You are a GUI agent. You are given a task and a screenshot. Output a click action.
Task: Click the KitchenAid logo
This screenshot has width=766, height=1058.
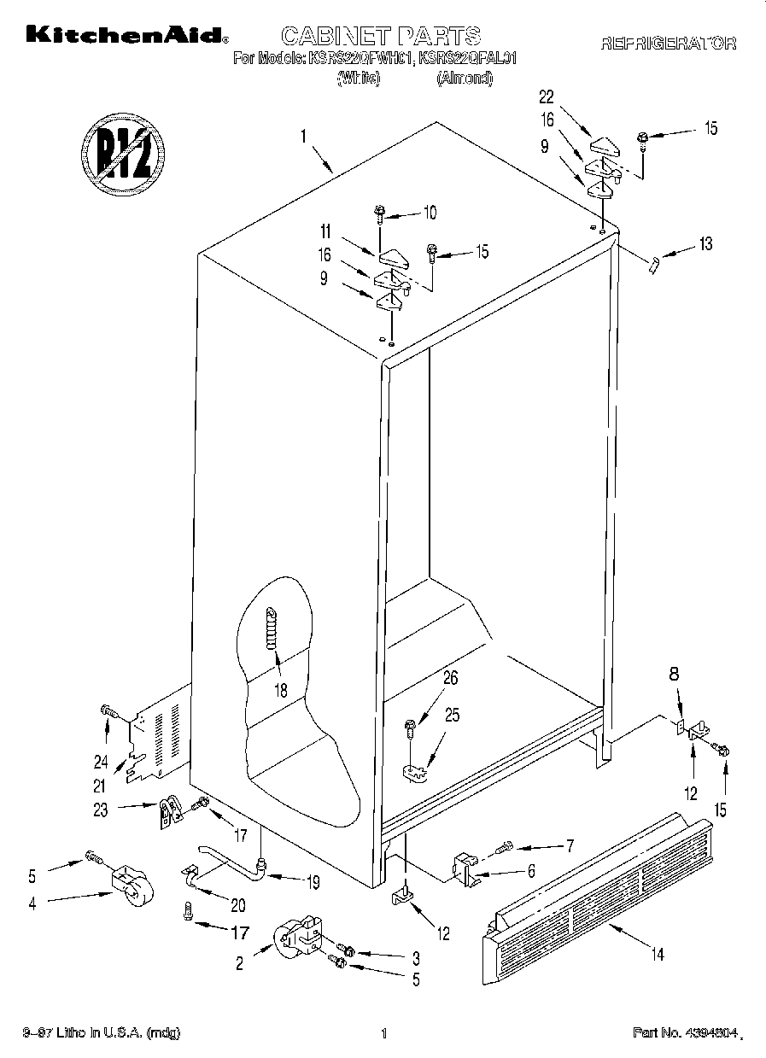[126, 35]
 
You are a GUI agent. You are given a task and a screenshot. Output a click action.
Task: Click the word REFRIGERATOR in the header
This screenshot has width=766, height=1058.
[668, 44]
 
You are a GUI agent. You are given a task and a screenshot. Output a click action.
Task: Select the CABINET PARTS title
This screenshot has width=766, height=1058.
[381, 35]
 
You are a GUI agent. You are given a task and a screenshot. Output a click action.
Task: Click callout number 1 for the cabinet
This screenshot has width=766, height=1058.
[302, 134]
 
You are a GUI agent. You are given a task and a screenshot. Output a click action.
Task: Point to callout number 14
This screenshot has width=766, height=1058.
[657, 954]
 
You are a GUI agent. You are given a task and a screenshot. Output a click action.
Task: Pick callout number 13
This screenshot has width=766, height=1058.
[705, 244]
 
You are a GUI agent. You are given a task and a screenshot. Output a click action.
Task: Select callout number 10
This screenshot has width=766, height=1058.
[430, 211]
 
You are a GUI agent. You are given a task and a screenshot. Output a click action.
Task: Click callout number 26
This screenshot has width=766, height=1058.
[450, 680]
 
